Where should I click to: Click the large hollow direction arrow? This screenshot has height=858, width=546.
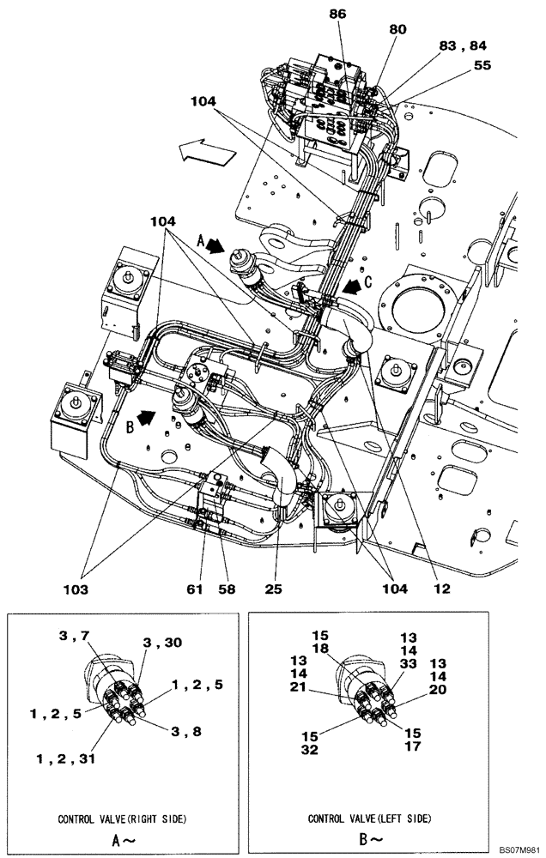[x=207, y=154]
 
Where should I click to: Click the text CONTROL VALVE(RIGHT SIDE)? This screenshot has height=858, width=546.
[x=124, y=819]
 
